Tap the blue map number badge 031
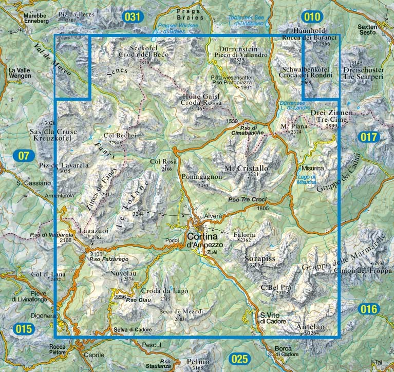click(132, 17)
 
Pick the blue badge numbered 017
click(369, 137)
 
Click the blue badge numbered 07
click(23, 155)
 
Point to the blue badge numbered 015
click(24, 329)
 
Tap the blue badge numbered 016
click(369, 309)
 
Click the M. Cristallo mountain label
click(247, 168)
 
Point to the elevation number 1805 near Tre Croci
click(263, 208)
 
